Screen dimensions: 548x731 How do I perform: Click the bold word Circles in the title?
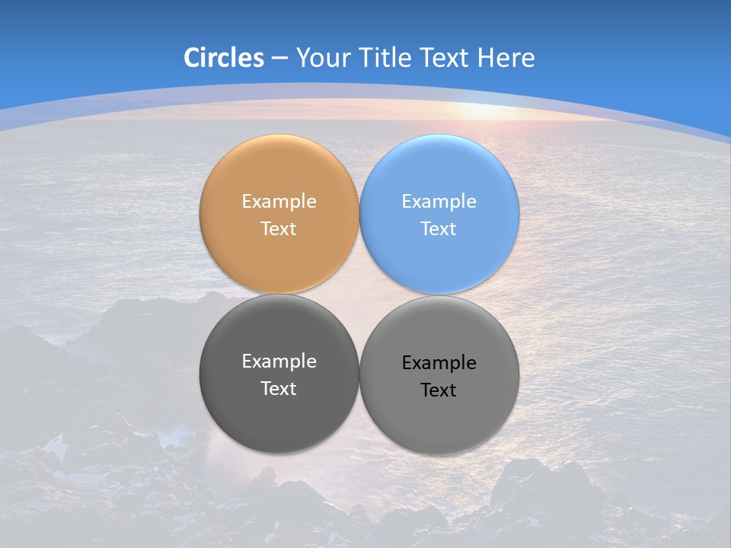pos(224,58)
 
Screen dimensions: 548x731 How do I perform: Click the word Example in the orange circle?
pos(279,202)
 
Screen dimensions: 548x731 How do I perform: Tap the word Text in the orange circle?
pos(279,228)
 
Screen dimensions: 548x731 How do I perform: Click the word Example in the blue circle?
pos(439,202)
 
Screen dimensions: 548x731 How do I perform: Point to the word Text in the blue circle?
pos(439,228)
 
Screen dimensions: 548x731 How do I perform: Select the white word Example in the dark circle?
pos(279,362)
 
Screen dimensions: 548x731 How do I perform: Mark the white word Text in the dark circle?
pos(279,388)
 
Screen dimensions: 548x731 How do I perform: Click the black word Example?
pos(439,363)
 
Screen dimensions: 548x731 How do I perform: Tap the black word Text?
pos(439,390)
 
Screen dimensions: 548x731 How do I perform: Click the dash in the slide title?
pos(279,59)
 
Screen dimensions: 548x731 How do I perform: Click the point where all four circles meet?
pos(359,294)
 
